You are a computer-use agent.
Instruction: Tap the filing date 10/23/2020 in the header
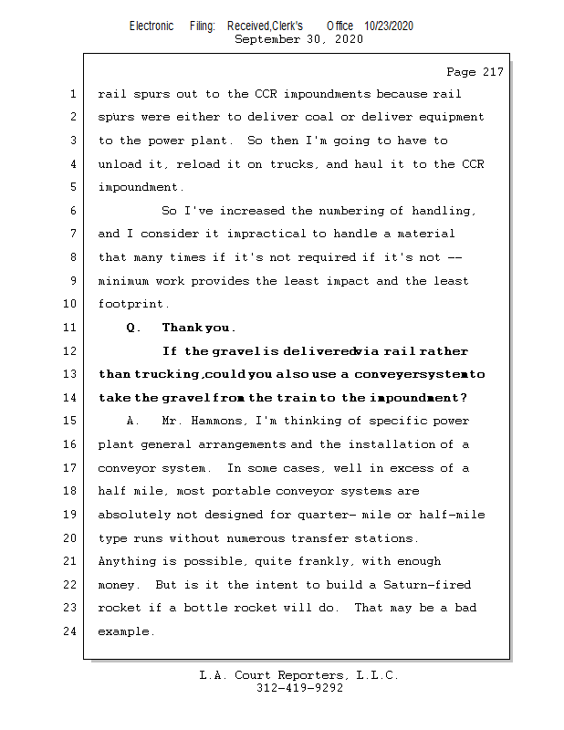click(388, 26)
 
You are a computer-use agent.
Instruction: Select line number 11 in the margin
click(70, 328)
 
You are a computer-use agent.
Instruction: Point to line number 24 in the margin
click(70, 631)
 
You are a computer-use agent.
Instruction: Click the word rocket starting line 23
click(119, 608)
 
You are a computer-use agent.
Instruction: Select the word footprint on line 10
click(131, 304)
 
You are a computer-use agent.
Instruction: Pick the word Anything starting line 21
click(128, 561)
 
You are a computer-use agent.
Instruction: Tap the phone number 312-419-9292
click(299, 688)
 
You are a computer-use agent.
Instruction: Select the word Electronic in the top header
click(151, 26)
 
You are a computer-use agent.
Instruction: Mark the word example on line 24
click(124, 631)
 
